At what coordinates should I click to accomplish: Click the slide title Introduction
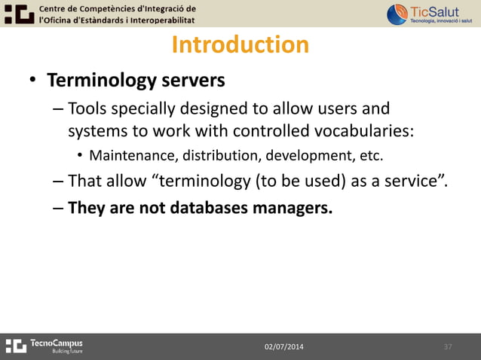[x=240, y=45]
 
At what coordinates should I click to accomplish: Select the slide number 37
[x=448, y=346]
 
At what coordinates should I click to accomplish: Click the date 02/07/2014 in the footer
[x=285, y=346]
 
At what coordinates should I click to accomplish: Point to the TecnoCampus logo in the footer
[x=44, y=346]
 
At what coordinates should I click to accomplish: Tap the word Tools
[x=87, y=110]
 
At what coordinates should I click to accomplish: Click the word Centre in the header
[x=56, y=8]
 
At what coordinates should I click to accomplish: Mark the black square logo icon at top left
[x=17, y=14]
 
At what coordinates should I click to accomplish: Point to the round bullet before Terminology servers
[x=32, y=81]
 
